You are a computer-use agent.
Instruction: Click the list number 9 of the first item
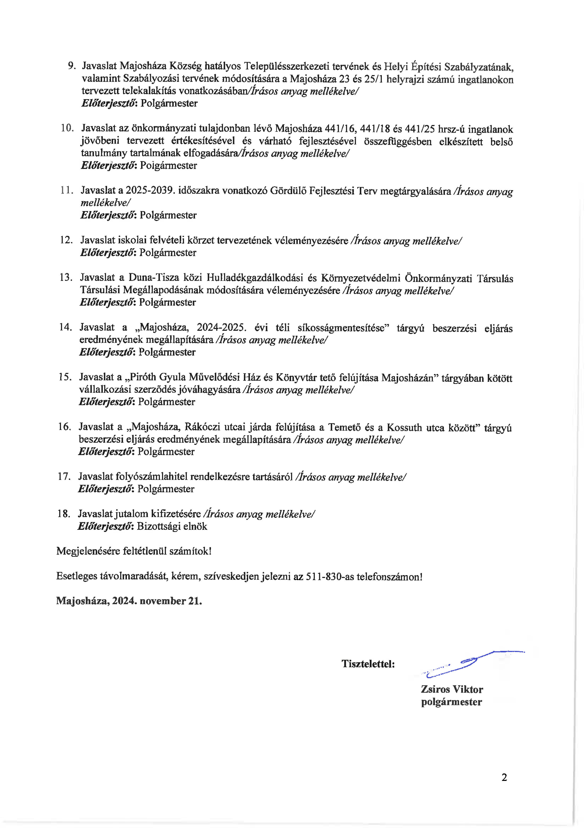(x=71, y=66)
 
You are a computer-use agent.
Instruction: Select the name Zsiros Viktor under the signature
(x=452, y=689)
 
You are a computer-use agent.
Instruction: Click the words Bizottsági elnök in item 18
(x=172, y=527)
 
